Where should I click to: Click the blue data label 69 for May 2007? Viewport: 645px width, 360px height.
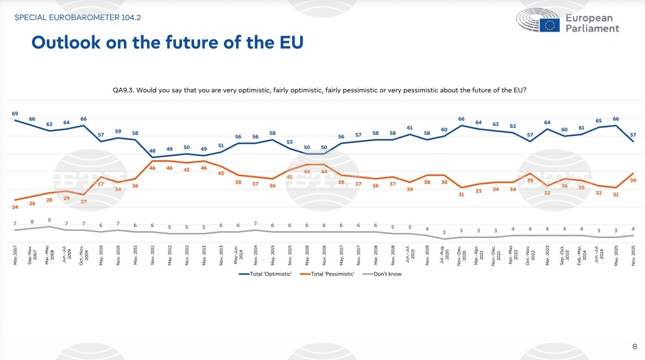(15, 114)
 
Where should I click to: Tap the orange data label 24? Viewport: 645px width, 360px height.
(15, 206)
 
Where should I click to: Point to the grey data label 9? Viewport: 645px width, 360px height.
(49, 220)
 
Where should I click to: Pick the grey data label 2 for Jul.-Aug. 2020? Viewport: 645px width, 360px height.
(444, 232)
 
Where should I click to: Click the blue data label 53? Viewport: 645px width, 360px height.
(290, 142)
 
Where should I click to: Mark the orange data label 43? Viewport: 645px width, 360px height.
(221, 174)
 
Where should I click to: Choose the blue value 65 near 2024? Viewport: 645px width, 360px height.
(599, 121)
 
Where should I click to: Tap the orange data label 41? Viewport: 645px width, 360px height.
(290, 177)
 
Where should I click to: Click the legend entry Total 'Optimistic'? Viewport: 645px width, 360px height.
(264, 274)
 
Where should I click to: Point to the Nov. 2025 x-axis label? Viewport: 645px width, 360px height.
(633, 254)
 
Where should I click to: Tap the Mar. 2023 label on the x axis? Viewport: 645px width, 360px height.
(547, 254)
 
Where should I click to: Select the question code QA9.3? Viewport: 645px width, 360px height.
(124, 90)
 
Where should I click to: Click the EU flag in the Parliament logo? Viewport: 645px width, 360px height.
(550, 25)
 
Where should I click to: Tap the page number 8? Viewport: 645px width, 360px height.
(635, 345)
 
